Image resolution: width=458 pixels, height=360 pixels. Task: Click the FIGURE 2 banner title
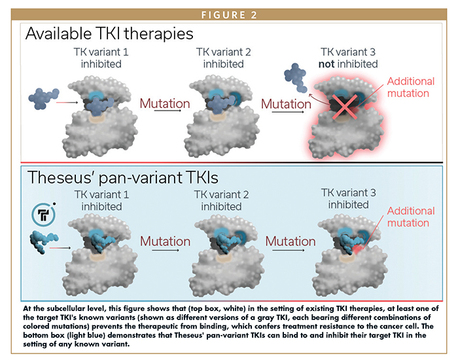[x=229, y=15]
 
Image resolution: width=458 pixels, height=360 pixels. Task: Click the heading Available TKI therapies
[x=109, y=33]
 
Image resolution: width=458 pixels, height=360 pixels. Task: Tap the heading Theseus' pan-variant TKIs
[x=123, y=177]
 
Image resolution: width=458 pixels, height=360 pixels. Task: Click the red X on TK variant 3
[x=345, y=107]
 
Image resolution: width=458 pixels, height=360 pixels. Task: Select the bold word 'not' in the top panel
[x=326, y=64]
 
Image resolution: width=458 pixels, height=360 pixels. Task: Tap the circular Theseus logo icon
[x=44, y=215]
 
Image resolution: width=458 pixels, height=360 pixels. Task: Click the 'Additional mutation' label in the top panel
[x=411, y=87]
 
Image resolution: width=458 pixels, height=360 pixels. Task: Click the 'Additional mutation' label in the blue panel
[x=411, y=217]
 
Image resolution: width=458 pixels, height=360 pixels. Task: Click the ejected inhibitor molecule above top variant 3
[x=296, y=77]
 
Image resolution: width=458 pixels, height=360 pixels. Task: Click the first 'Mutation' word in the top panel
[x=165, y=103]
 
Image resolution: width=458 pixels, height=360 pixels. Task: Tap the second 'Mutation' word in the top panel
[x=286, y=104]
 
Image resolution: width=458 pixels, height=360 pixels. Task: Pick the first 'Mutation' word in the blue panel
[x=165, y=242]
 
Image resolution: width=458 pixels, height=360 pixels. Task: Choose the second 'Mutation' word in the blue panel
[x=291, y=242]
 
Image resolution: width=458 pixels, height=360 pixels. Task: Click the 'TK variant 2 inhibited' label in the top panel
[x=224, y=58]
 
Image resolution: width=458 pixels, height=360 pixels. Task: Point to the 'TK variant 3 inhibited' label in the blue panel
[x=349, y=199]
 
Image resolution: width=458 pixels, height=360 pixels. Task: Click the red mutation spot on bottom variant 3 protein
[x=358, y=249]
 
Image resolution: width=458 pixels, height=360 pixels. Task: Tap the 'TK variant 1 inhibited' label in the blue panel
[x=101, y=200]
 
